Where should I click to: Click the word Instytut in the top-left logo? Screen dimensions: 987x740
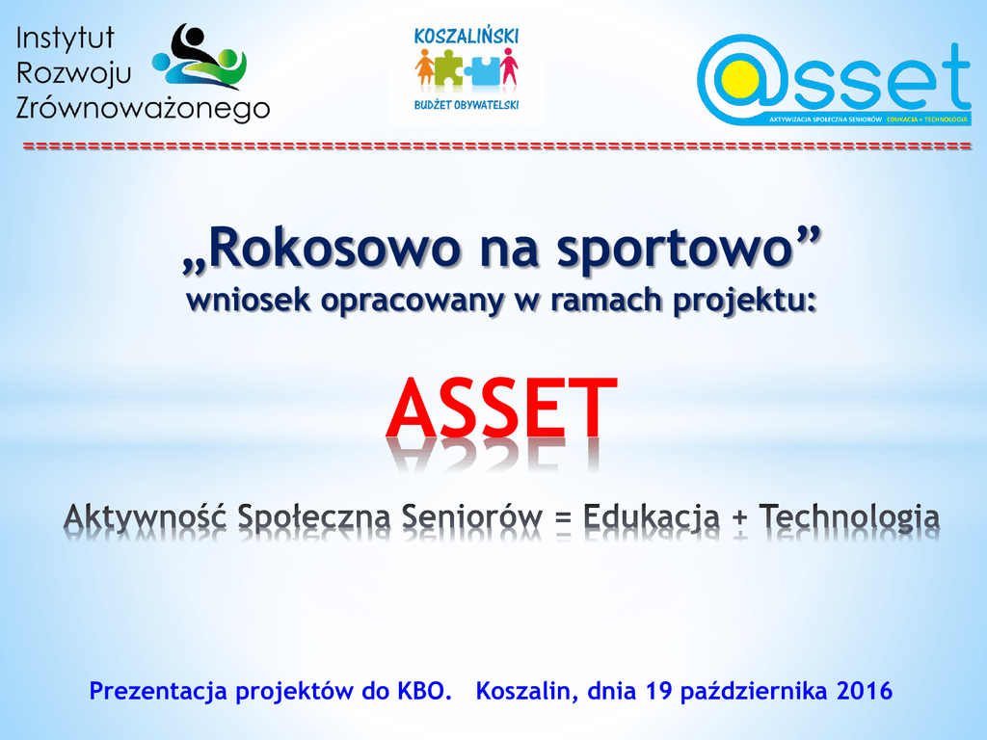[x=65, y=39]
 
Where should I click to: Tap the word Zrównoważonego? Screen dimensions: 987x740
[x=143, y=108]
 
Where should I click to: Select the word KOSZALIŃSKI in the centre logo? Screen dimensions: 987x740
[x=467, y=37]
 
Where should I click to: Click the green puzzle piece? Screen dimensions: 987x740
[x=449, y=67]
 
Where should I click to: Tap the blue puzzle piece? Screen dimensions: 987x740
[x=483, y=70]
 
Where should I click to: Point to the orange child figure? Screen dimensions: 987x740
[x=424, y=67]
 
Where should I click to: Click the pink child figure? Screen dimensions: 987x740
[x=509, y=66]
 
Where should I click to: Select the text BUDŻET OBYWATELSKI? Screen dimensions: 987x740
[x=467, y=105]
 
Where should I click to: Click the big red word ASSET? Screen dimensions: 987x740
[x=501, y=408]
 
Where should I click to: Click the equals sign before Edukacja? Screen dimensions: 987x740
[x=564, y=518]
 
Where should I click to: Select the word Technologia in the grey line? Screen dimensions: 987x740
[x=850, y=517]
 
